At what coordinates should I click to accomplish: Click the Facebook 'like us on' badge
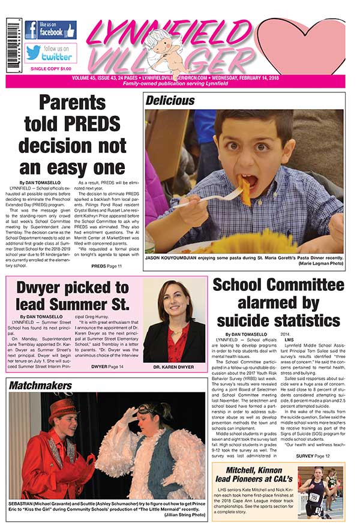coord(50,30)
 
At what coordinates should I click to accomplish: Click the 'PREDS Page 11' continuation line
coord(107,265)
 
